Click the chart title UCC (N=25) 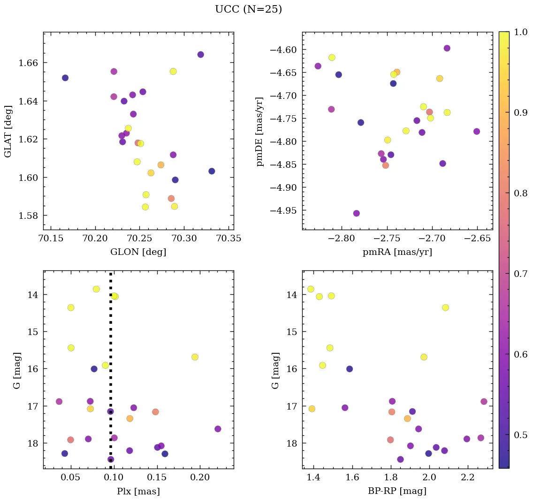(248, 9)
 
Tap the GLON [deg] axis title (138, 252)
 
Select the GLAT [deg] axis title (8, 131)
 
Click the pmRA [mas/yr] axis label (397, 252)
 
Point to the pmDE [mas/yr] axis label (259, 132)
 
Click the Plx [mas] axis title (138, 491)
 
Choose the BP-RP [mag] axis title (397, 491)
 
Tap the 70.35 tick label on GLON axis (228, 239)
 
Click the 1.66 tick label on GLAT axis (28, 63)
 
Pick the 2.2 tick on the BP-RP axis (467, 478)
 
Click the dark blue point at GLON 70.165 (65, 78)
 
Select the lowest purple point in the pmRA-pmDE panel (357, 213)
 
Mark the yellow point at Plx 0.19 (195, 357)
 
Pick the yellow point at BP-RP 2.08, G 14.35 (445, 308)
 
